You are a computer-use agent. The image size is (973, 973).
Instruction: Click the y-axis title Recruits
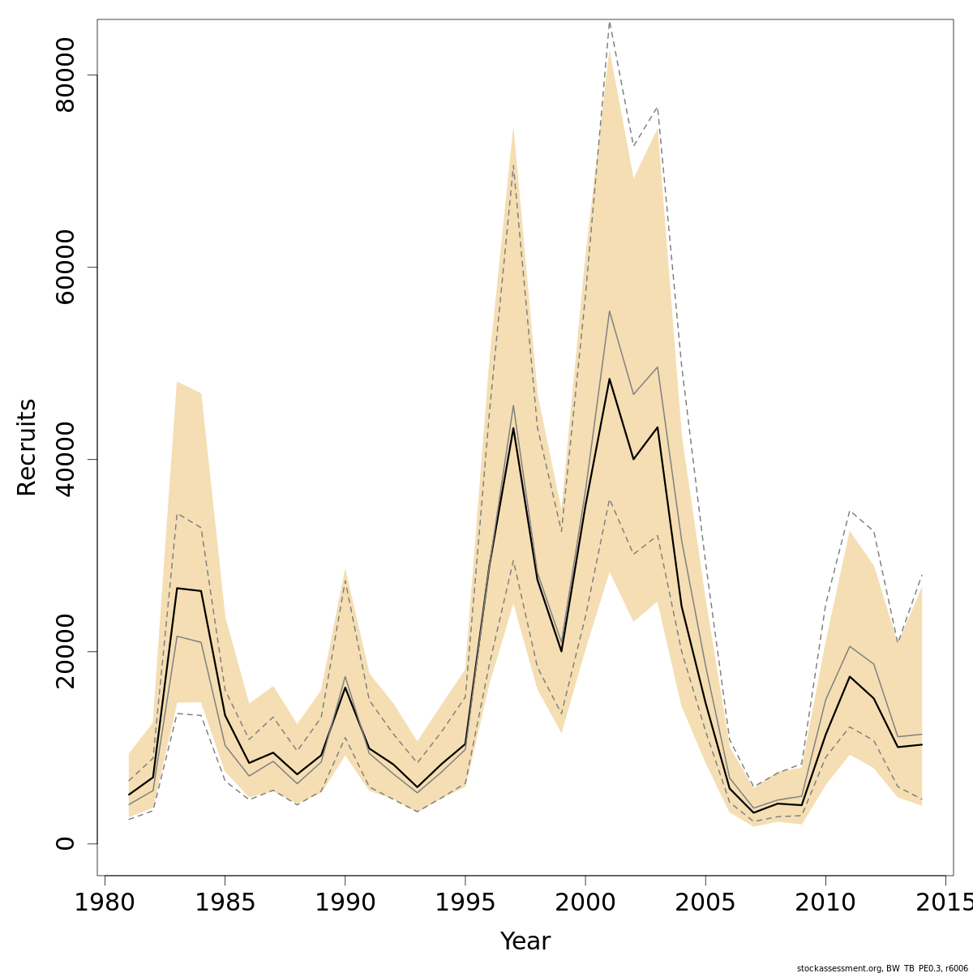[27, 447]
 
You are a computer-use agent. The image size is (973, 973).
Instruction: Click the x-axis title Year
[525, 941]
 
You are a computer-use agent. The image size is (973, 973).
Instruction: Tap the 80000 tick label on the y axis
[65, 75]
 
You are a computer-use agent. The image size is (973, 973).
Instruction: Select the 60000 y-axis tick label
[65, 267]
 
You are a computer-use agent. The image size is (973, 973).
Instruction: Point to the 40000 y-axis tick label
[65, 459]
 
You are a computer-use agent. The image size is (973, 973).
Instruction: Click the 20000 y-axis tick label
[65, 651]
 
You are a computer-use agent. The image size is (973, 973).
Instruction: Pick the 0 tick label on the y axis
[65, 843]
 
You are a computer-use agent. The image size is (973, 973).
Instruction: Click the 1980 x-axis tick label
[105, 902]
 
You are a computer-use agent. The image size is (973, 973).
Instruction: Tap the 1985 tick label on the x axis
[225, 902]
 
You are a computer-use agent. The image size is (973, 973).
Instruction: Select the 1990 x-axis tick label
[345, 902]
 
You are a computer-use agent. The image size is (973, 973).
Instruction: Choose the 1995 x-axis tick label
[465, 902]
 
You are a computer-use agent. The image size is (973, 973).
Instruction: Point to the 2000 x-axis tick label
[585, 902]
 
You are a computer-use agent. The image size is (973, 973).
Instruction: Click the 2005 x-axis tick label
[705, 902]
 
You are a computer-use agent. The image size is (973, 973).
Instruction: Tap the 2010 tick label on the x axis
[825, 902]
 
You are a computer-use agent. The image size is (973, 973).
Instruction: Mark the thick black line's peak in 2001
[609, 379]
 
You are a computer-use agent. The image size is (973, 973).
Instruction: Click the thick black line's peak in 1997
[513, 428]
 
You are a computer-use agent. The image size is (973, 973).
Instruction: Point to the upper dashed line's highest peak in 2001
[609, 23]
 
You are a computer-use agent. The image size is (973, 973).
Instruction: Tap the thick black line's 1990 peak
[345, 688]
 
